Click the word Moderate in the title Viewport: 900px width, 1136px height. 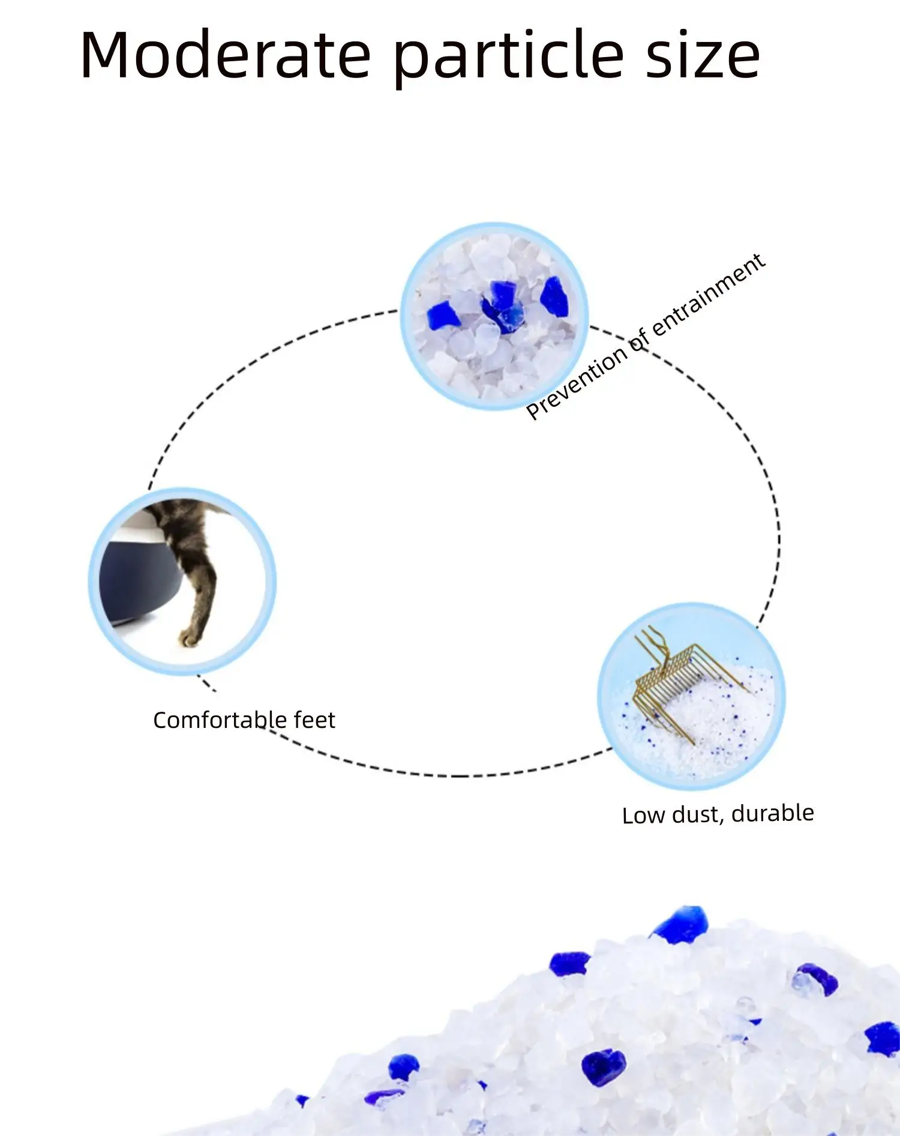pyautogui.click(x=225, y=55)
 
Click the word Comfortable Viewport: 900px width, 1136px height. pyautogui.click(x=219, y=720)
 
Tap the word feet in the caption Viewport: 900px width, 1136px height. pyautogui.click(x=314, y=720)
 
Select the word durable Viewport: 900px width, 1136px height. pyautogui.click(x=772, y=813)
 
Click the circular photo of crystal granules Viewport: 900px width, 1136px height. pyautogui.click(x=494, y=316)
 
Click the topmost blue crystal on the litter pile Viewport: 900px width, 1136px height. pyautogui.click(x=680, y=925)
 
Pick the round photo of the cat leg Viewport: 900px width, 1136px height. pyautogui.click(x=182, y=581)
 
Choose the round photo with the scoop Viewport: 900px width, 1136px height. pyautogui.click(x=691, y=696)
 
